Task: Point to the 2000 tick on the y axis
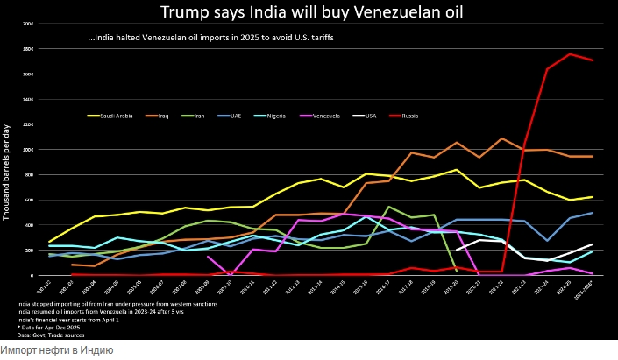pos(28,24)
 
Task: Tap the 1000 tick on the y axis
pos(28,150)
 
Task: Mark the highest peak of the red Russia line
pos(570,54)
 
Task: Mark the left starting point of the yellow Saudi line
pos(49,242)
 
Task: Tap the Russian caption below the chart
pos(57,350)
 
